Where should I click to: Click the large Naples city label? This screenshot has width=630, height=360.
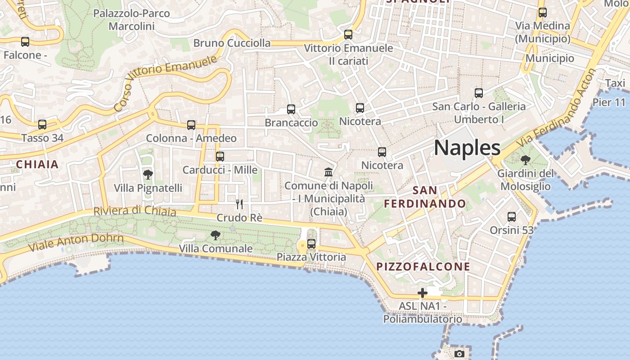[467, 148]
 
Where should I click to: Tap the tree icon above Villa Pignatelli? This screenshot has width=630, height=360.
[148, 175]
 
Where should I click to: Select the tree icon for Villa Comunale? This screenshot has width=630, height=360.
[216, 235]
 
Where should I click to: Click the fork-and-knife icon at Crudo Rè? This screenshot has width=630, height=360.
[239, 204]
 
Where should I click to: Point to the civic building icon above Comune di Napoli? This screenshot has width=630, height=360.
[328, 172]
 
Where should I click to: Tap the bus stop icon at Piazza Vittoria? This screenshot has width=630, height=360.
[311, 244]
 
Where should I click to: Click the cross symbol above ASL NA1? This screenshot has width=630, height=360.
[422, 293]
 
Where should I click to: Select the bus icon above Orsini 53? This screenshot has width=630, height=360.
[512, 217]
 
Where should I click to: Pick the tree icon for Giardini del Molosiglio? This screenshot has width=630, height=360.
[525, 160]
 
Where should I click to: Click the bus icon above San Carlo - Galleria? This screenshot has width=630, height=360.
[479, 93]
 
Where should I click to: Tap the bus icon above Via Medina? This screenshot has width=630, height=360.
[543, 12]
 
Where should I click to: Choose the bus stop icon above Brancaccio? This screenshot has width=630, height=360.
[291, 109]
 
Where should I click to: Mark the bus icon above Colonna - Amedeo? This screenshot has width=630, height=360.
[191, 125]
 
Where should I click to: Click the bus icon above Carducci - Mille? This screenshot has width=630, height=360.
[220, 156]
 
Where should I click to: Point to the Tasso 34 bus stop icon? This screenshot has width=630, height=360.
[42, 124]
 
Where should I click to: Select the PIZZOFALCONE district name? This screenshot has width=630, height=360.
[423, 266]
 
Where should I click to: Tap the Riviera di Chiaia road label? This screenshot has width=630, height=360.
[135, 211]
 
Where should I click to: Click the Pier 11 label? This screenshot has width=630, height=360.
[609, 102]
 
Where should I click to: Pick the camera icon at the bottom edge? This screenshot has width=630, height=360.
[459, 354]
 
